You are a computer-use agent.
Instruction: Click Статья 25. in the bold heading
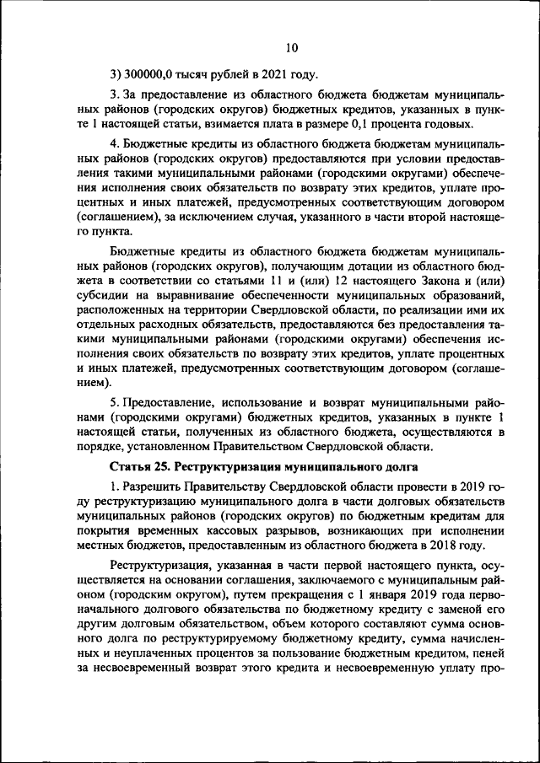click(x=143, y=467)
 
